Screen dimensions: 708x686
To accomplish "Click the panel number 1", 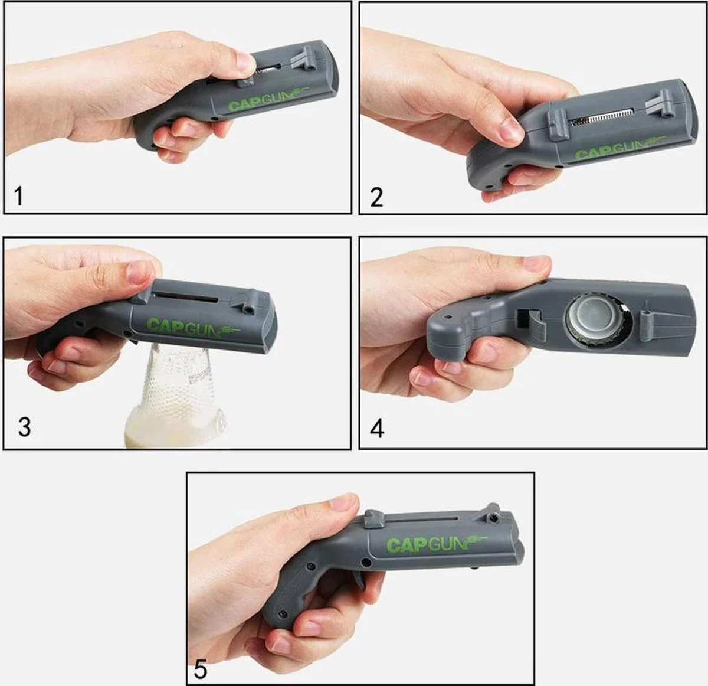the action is (x=18, y=196).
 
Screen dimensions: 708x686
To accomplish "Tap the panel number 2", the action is (x=376, y=197).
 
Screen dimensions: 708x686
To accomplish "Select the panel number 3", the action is (x=24, y=427).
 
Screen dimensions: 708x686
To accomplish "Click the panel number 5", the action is (x=201, y=669).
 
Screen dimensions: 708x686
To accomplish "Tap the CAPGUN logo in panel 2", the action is (x=619, y=148).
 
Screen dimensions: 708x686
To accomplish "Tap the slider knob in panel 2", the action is (x=558, y=126).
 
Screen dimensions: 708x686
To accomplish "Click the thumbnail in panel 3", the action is (x=140, y=272).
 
